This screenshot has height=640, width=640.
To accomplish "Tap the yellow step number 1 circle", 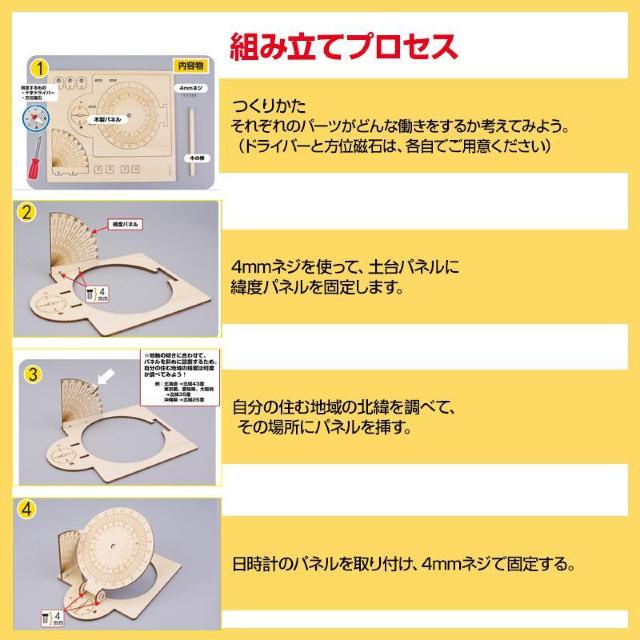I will (37, 67).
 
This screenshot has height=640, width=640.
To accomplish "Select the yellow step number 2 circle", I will (28, 214).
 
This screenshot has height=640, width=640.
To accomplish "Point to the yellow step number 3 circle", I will (32, 374).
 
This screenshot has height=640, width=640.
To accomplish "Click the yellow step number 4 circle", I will (27, 508).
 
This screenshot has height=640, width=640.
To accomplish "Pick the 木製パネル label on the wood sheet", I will (109, 118).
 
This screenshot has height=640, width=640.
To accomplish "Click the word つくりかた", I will (262, 108).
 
